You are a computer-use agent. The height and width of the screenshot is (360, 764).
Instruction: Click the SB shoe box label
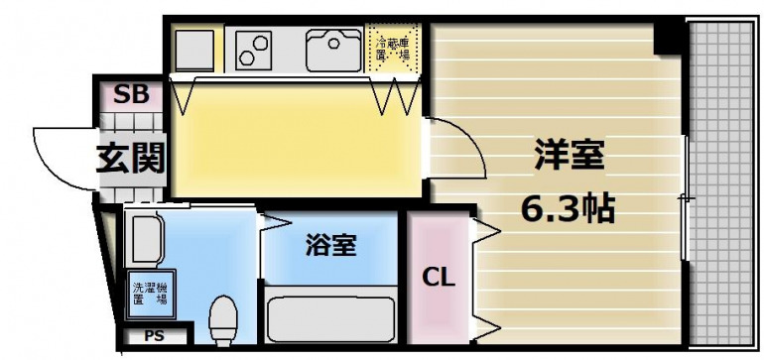click(131, 95)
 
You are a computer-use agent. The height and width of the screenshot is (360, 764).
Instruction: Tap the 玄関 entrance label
click(129, 158)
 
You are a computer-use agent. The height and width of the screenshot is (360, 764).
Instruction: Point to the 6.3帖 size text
click(569, 209)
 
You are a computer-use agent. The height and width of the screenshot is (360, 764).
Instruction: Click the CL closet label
click(438, 278)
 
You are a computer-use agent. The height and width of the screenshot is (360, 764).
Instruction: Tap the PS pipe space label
click(154, 336)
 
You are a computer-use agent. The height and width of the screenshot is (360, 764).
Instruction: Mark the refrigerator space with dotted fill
click(394, 47)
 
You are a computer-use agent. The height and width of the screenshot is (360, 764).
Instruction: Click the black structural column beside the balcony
click(670, 37)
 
